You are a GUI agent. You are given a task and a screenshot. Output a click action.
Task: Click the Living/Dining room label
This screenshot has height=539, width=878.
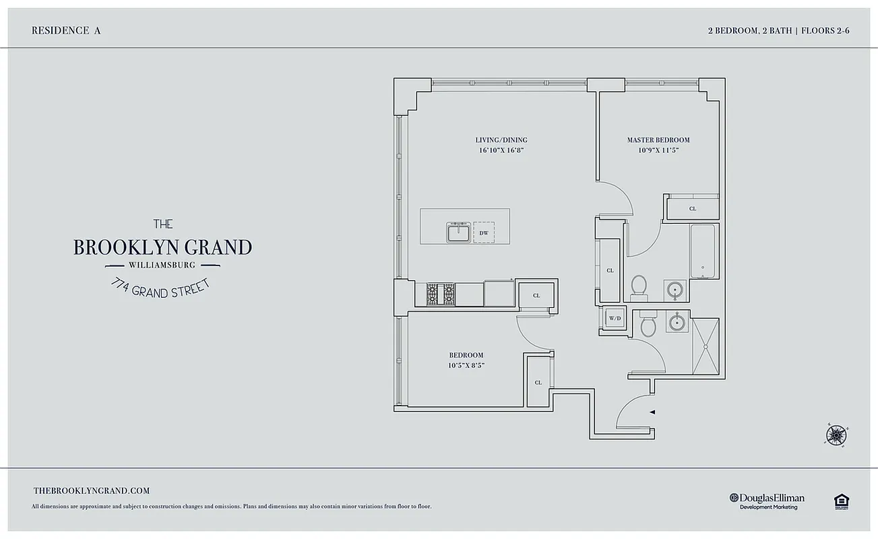[x=501, y=140]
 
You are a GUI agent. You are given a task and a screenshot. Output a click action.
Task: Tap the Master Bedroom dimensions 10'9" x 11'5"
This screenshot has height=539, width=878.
[x=658, y=150]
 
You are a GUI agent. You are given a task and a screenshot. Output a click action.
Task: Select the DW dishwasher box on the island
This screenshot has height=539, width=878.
[x=483, y=232]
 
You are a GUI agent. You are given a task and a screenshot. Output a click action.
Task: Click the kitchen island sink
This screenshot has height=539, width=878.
[x=458, y=232]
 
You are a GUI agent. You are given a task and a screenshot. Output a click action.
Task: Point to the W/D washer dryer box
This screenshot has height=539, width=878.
[x=615, y=318]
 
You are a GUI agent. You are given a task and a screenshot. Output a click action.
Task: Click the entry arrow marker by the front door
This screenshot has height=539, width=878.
[x=652, y=411]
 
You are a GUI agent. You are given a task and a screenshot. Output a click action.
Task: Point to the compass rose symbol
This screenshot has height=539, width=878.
[x=836, y=435]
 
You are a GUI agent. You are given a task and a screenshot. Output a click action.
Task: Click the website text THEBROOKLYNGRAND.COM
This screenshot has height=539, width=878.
[x=91, y=491]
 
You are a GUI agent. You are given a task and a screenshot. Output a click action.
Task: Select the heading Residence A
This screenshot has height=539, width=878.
[x=66, y=30]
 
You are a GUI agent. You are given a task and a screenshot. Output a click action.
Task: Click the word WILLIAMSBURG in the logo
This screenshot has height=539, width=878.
[x=162, y=265]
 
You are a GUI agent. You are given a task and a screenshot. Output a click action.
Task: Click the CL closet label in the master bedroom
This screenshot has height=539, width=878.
[x=692, y=209]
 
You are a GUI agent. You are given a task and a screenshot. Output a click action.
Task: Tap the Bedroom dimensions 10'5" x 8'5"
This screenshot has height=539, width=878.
[x=466, y=365]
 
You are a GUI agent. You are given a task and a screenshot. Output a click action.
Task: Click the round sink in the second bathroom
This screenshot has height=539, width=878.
[x=676, y=323]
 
